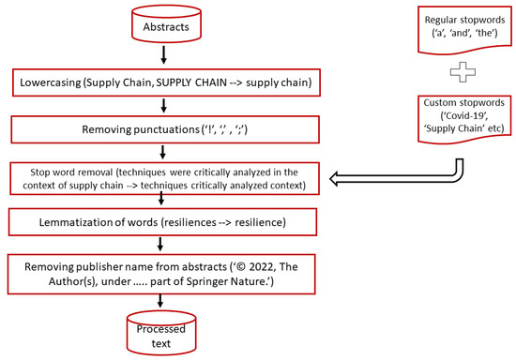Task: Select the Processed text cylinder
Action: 164,334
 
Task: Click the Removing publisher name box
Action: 164,269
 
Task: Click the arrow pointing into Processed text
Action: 164,300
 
